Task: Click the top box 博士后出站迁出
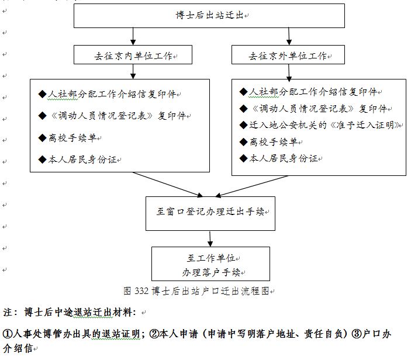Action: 209,15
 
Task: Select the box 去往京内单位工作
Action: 133,56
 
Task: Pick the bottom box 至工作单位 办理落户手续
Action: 210,265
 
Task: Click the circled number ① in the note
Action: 8,334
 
